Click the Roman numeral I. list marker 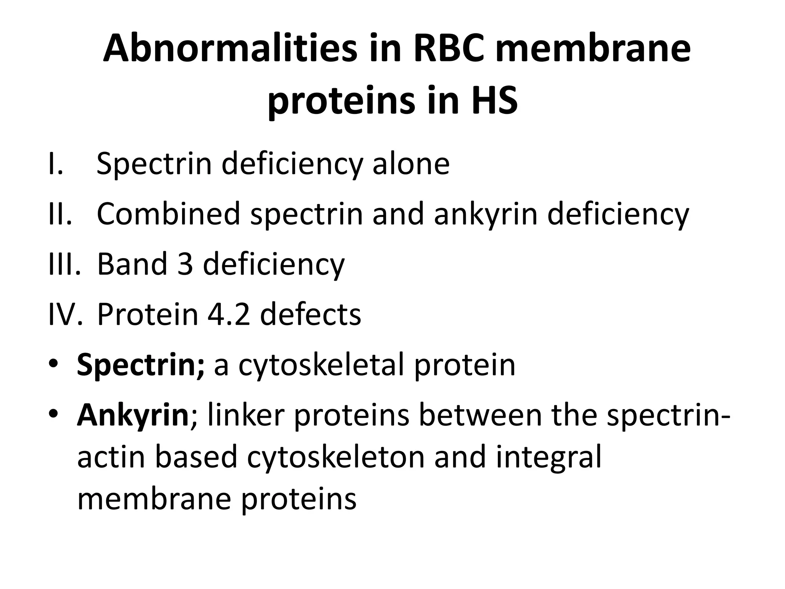(x=55, y=164)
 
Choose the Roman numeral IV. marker (x=65, y=314)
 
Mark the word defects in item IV (x=310, y=314)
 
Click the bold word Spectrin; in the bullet (x=141, y=365)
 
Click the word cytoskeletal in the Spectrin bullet (x=321, y=365)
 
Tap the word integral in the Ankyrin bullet (x=548, y=458)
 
